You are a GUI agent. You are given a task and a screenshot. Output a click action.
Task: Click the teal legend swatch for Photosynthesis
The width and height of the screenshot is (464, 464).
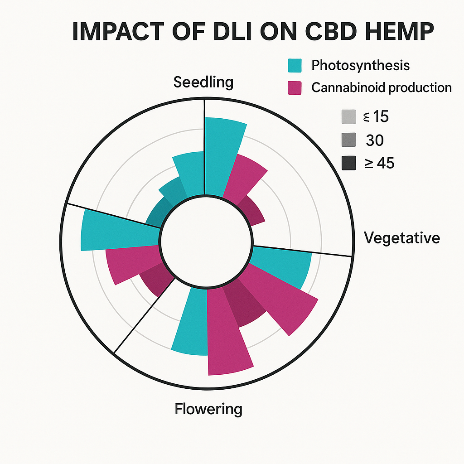pos(295,66)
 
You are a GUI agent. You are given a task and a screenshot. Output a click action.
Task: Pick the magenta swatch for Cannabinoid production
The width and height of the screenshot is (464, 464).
pos(295,88)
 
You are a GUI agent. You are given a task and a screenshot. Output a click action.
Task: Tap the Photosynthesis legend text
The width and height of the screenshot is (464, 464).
pos(360,65)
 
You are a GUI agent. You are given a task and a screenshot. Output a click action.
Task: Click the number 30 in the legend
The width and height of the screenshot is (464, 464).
pos(374,140)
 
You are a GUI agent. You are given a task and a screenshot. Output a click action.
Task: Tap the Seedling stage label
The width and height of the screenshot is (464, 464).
pos(203,82)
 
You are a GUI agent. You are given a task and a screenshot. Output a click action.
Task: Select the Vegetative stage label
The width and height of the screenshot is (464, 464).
pos(402,237)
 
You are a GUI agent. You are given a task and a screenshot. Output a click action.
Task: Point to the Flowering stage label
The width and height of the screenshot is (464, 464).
pos(208,409)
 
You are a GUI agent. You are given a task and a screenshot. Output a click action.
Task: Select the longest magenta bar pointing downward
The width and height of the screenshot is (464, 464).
pos(227,335)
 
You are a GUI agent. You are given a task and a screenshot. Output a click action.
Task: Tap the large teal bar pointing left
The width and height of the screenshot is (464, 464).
pos(116,230)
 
